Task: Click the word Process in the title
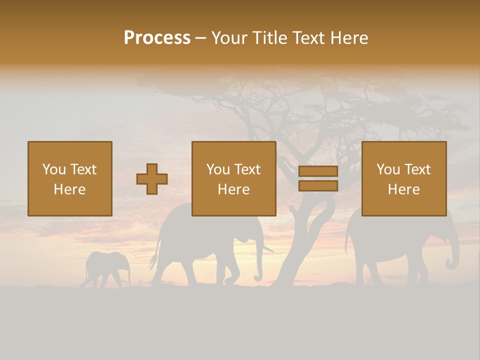pos(157,38)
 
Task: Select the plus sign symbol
pos(152,179)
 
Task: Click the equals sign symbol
pos(318,178)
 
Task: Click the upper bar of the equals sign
pos(318,171)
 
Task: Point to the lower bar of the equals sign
pos(318,186)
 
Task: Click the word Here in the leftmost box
pos(69,189)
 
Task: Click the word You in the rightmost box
pos(388,169)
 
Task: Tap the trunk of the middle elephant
pos(258,265)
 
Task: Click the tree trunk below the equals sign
pos(300,235)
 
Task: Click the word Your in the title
pos(228,38)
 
